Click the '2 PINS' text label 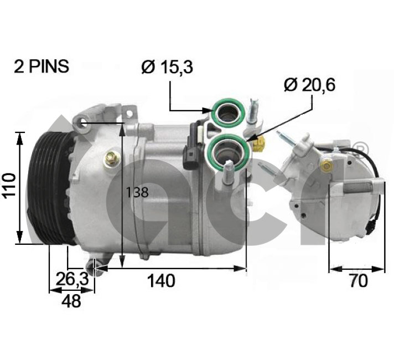(42, 66)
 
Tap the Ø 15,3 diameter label (167, 67)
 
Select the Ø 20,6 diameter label (309, 85)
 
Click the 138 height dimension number (137, 193)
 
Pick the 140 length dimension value (161, 281)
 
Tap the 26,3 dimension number (72, 279)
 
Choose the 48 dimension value (71, 301)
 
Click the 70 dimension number (358, 281)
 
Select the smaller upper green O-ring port (228, 112)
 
